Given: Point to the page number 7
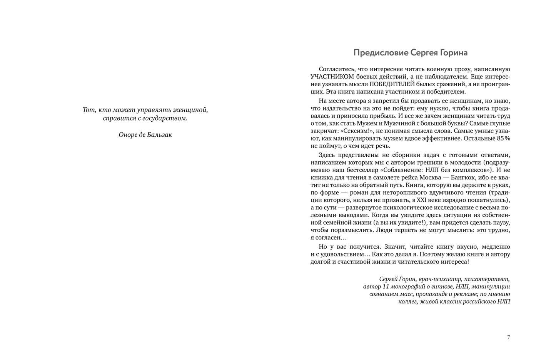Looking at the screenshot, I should (x=508, y=337).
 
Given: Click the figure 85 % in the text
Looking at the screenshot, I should (x=503, y=139).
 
